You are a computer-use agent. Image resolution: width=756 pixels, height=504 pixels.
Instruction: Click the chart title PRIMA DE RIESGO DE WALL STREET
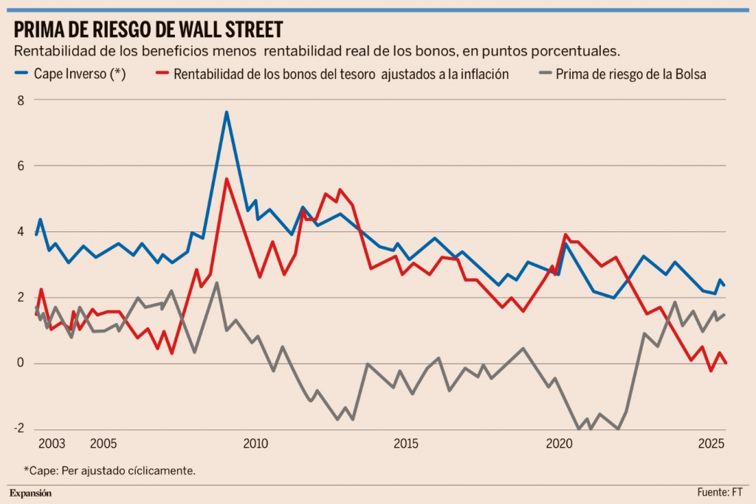pyautogui.click(x=148, y=30)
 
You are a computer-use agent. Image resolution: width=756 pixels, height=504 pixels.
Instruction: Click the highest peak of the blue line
pyautogui.click(x=227, y=112)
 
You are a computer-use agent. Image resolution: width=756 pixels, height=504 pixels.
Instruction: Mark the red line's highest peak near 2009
pyautogui.click(x=227, y=179)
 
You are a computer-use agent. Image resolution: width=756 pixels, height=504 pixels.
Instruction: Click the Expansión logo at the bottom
pyautogui.click(x=30, y=493)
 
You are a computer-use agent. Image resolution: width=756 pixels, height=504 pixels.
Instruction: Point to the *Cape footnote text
pyautogui.click(x=109, y=470)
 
